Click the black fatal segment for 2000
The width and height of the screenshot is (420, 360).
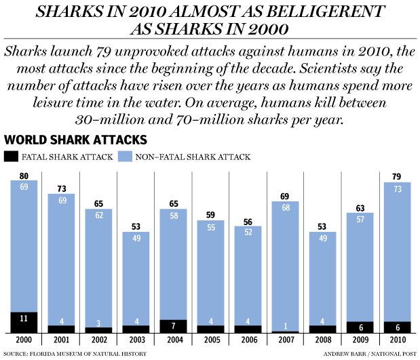(x=24, y=322)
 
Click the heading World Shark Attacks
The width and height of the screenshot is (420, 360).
(x=75, y=140)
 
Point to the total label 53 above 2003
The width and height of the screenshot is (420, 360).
(x=136, y=225)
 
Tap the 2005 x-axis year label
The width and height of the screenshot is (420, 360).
(x=211, y=340)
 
